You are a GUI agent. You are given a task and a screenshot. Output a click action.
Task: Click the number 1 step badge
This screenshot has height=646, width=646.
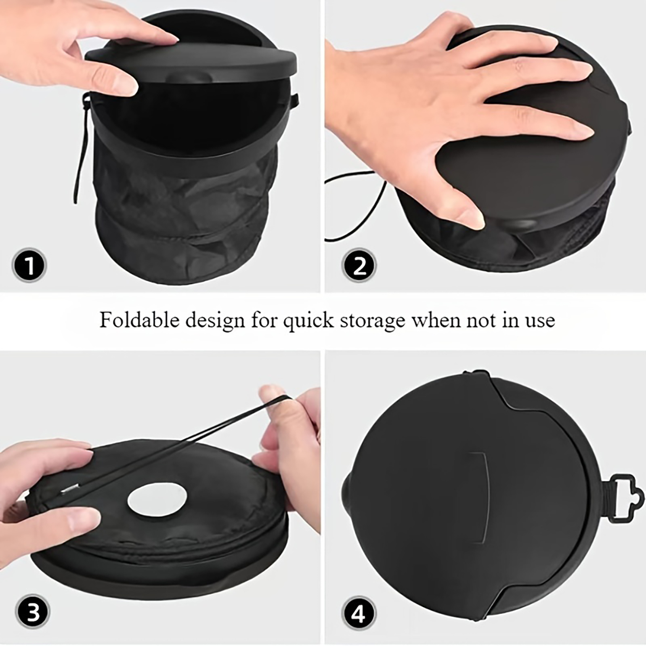click(29, 265)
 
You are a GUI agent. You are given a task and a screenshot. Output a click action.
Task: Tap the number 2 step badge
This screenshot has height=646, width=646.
click(359, 265)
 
